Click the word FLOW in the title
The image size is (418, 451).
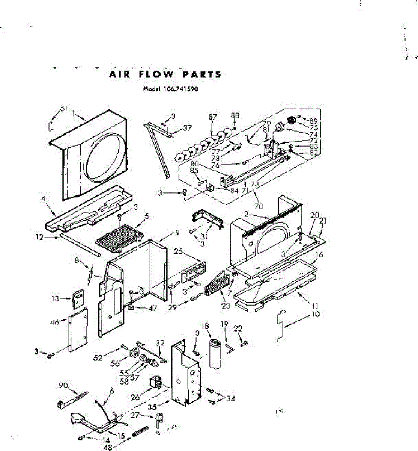156,74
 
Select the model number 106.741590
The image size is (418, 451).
181,89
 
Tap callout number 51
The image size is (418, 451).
63,108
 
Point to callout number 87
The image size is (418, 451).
213,117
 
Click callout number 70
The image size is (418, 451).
258,206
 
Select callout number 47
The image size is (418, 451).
152,308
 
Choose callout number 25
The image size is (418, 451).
178,251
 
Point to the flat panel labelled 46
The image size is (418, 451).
78,329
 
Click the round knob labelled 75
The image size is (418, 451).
290,121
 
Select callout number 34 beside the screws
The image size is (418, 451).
231,398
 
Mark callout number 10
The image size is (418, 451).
316,314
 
